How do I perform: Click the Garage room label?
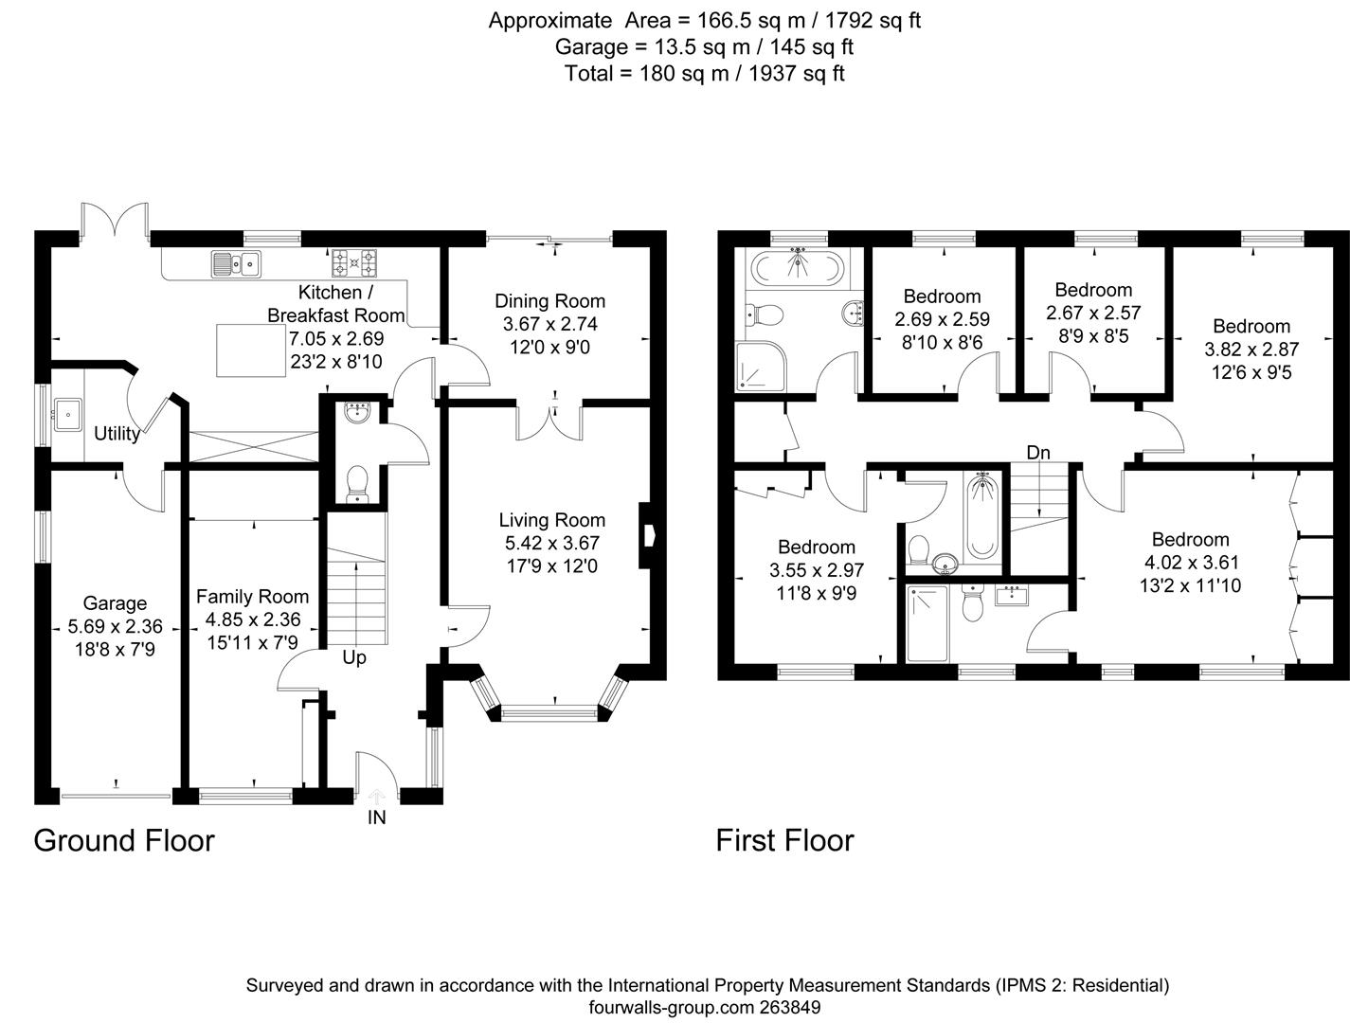[x=115, y=603]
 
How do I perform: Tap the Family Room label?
[x=252, y=597]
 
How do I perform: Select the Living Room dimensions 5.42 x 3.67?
[x=552, y=544]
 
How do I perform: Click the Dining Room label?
[x=549, y=301]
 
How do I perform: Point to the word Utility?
[x=117, y=434]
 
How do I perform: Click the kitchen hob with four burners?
[x=354, y=260]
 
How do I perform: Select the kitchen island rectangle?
[x=250, y=350]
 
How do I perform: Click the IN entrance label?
[x=377, y=817]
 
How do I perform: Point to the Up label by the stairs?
[x=354, y=657]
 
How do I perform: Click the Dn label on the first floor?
[x=1038, y=453]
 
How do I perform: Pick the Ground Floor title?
[x=124, y=840]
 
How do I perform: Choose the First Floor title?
[x=784, y=840]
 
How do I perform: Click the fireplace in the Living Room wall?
[x=648, y=535]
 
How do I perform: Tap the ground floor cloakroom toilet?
[x=357, y=483]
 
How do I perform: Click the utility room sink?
[x=67, y=414]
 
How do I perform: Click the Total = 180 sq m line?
[x=704, y=73]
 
